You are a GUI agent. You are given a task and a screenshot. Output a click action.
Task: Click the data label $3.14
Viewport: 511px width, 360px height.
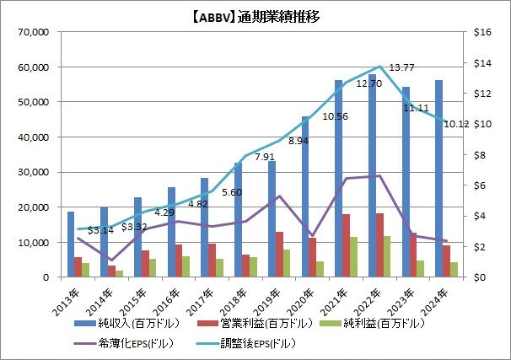(x=100, y=230)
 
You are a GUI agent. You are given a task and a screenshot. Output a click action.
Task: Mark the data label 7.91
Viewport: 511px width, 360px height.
(x=265, y=157)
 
